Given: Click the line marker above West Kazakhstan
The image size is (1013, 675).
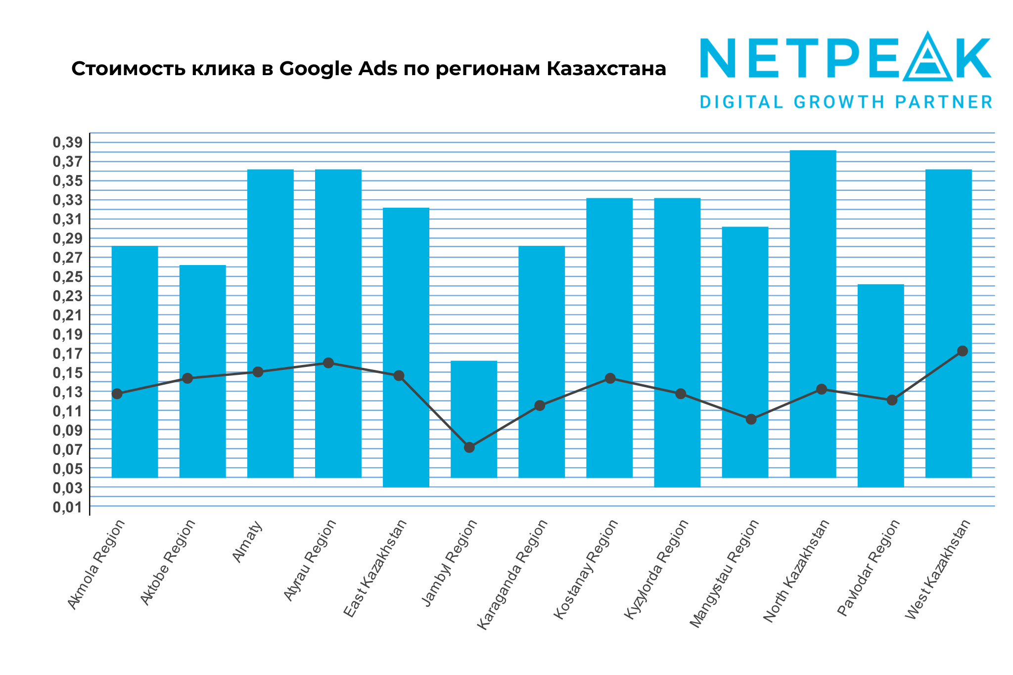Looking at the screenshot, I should point(962,351).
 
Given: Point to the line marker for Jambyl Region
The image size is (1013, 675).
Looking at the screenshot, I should point(469,448).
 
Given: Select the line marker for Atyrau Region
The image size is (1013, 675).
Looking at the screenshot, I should point(328,363).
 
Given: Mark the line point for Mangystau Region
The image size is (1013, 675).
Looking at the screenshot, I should point(751,419).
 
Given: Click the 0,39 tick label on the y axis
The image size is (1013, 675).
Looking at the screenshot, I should point(67,143).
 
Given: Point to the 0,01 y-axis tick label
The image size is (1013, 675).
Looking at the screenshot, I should point(67,507).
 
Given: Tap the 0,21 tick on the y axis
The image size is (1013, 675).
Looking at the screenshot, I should point(67,315).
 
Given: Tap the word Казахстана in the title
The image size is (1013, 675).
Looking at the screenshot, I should point(606,69).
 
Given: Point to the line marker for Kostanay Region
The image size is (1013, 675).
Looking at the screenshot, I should point(610,378).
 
